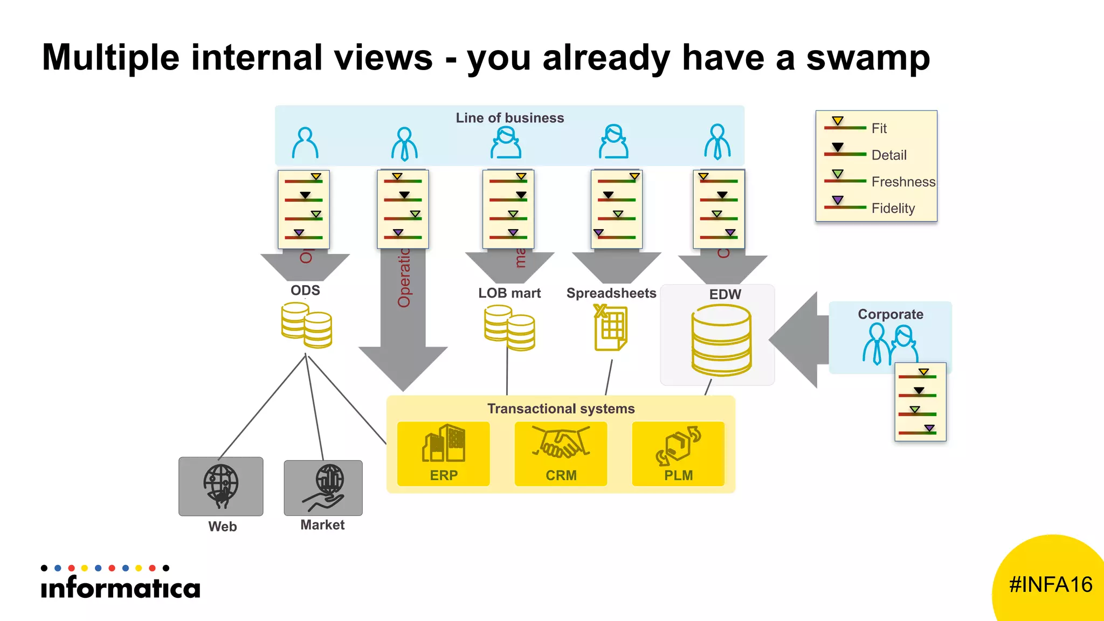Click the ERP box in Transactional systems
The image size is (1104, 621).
(x=443, y=453)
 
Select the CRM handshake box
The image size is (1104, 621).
(x=561, y=453)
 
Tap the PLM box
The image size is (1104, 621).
(x=678, y=453)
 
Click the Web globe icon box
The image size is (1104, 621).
(x=221, y=486)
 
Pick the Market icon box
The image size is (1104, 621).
(x=323, y=488)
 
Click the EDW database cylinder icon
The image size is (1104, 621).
(x=721, y=340)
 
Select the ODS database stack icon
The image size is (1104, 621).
(x=306, y=325)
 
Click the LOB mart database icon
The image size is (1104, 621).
(x=509, y=327)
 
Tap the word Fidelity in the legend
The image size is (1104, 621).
(x=893, y=209)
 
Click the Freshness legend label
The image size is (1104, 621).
(x=903, y=182)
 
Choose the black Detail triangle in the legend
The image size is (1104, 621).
(x=837, y=147)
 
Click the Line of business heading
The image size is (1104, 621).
(x=509, y=118)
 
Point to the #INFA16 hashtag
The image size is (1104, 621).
(x=1050, y=585)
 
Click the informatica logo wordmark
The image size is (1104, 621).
(x=121, y=587)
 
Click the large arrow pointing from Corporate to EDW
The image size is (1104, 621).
(x=798, y=340)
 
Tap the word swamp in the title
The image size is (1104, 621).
(x=867, y=57)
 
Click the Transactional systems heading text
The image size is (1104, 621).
(x=561, y=409)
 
